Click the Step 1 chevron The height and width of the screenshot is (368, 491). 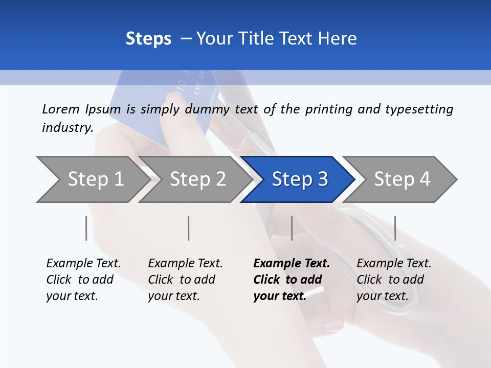(x=92, y=179)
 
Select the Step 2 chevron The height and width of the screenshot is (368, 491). (x=197, y=179)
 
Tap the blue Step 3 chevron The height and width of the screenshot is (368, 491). (x=299, y=179)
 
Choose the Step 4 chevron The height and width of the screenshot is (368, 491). (x=401, y=179)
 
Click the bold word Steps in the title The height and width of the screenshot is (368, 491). (x=148, y=39)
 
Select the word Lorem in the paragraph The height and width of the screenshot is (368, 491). (x=61, y=109)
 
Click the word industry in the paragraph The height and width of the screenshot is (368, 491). (x=67, y=127)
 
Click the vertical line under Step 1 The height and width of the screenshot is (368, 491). (x=86, y=228)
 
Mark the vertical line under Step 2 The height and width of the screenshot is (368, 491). (x=189, y=228)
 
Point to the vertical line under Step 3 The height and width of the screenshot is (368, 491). (x=292, y=228)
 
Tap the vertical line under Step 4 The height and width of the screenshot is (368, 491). (x=395, y=228)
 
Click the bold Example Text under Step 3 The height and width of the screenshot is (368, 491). (x=292, y=264)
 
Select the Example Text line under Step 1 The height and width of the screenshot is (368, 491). (x=83, y=264)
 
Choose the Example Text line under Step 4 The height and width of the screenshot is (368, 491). (x=394, y=264)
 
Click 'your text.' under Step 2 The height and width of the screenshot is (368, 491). (x=173, y=296)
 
